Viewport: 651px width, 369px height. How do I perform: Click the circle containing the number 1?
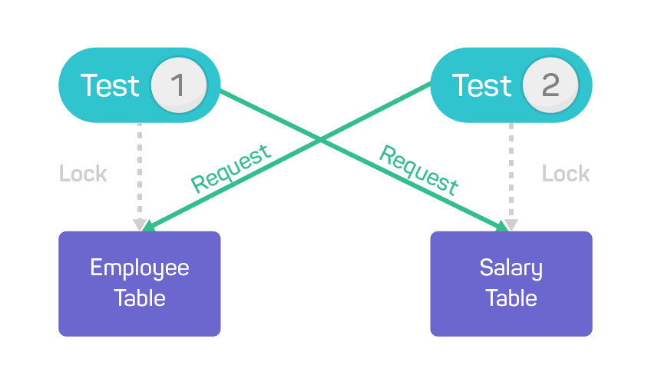click(178, 85)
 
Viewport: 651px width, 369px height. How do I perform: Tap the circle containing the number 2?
click(550, 85)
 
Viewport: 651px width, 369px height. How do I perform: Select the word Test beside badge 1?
click(110, 85)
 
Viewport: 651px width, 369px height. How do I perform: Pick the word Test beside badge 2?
click(481, 85)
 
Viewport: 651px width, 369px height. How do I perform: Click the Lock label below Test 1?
click(83, 174)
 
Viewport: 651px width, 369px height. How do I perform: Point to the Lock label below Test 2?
click(566, 174)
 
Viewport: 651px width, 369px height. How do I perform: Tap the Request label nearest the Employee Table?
click(231, 168)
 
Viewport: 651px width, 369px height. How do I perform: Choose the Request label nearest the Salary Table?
click(419, 170)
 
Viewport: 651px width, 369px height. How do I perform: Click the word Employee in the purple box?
click(140, 268)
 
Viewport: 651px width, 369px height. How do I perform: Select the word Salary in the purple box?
click(511, 268)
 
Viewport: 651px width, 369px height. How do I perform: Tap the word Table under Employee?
click(140, 298)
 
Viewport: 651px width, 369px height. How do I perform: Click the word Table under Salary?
click(511, 298)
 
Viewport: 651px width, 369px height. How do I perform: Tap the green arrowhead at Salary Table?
click(502, 226)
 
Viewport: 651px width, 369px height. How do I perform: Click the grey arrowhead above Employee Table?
click(139, 224)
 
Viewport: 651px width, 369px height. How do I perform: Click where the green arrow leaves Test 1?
click(222, 91)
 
